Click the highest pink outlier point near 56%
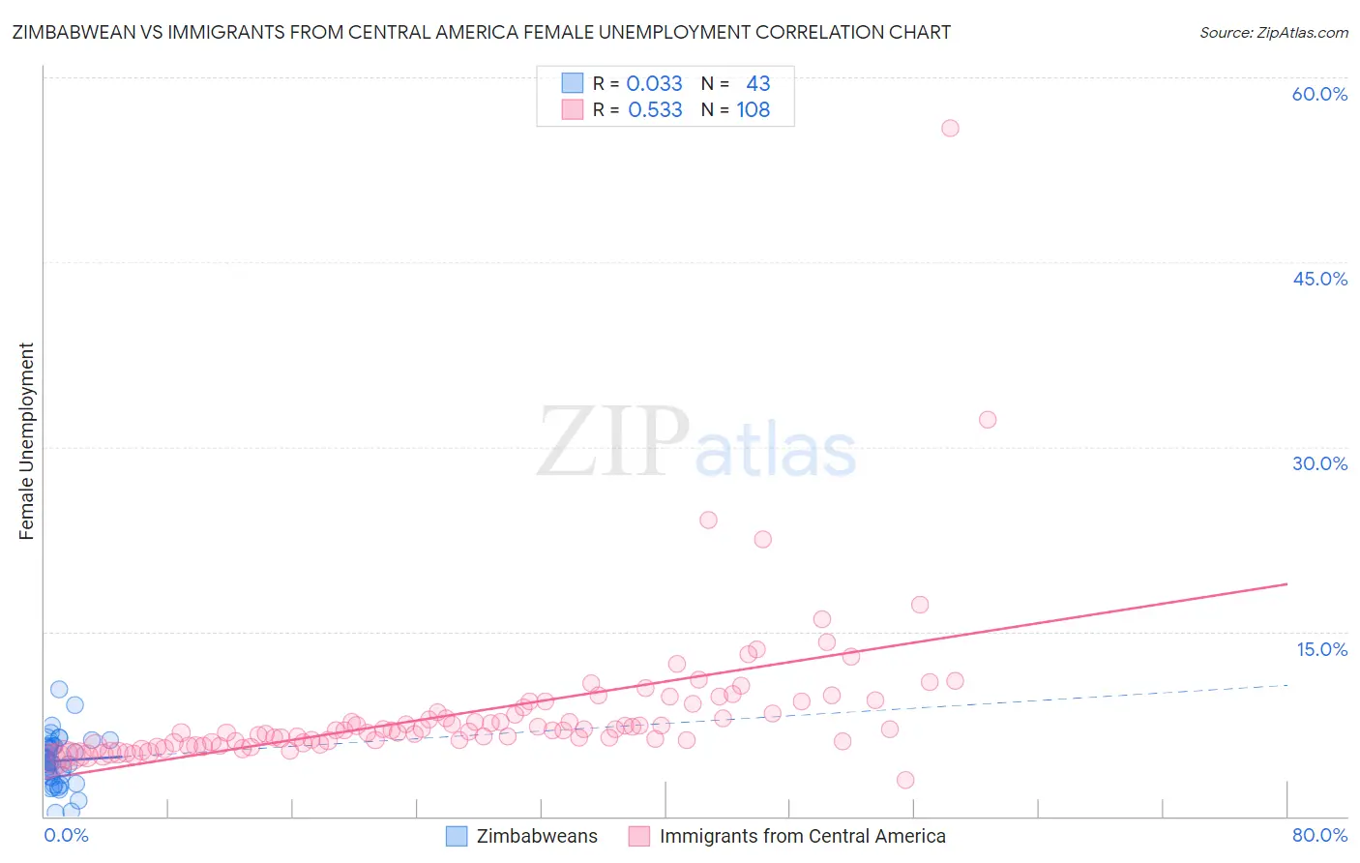tap(950, 128)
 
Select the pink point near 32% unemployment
tap(988, 419)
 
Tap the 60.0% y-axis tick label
tap(1319, 94)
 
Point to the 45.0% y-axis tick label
tap(1319, 279)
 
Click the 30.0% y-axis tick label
tap(1319, 463)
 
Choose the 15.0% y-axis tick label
tap(1321, 649)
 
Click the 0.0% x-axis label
tap(67, 835)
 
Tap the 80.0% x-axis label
tap(1319, 835)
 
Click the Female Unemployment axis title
tap(26, 441)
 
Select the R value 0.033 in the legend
tap(655, 84)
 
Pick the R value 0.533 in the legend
tap(655, 110)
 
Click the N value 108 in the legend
tap(754, 110)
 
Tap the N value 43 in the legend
tap(758, 84)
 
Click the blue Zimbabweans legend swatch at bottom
tap(457, 836)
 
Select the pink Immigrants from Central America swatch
tap(639, 836)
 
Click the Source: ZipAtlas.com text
tap(1273, 33)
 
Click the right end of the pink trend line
tap(1286, 584)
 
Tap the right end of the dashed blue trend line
tap(1286, 685)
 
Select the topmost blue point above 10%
tap(59, 689)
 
